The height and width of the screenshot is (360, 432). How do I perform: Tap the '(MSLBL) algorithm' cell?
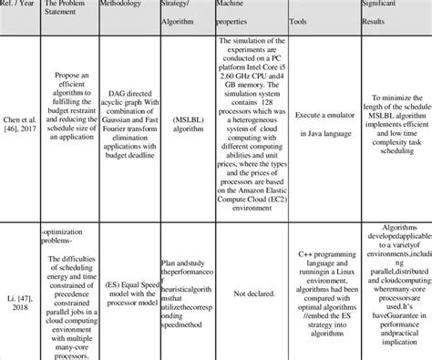point(183,130)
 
